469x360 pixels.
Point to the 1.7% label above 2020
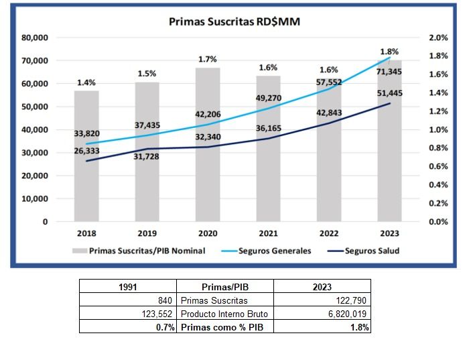click(x=208, y=60)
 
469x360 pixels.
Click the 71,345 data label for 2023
click(x=389, y=72)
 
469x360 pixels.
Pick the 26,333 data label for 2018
click(x=86, y=152)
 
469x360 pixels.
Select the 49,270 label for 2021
click(x=268, y=98)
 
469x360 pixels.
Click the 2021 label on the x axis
click(x=268, y=233)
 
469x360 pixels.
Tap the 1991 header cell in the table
click(x=128, y=286)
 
